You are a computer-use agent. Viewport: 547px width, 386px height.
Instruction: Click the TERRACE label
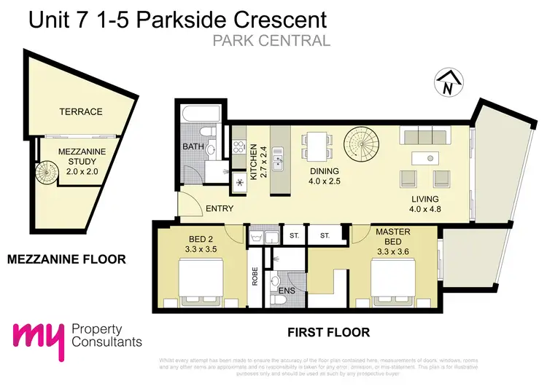coord(81,111)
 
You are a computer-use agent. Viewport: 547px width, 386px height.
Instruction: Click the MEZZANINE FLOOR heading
coord(66,259)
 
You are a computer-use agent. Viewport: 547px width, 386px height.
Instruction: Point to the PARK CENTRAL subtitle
coord(272,41)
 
